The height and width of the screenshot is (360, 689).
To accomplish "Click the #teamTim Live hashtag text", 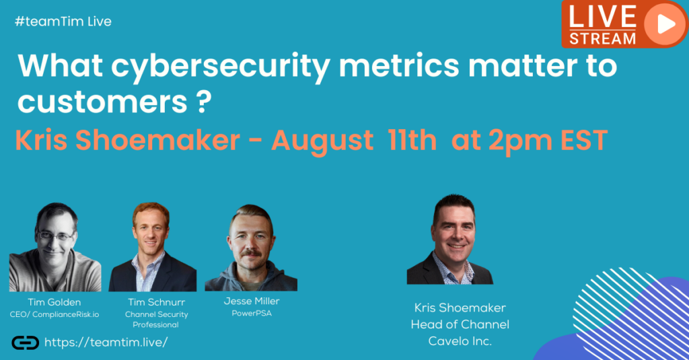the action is coord(63,22).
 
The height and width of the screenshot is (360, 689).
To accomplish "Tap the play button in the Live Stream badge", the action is coord(665,24).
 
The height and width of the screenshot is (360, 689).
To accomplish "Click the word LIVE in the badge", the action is coord(602,17).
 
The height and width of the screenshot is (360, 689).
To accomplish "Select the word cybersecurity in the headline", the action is coord(221,67).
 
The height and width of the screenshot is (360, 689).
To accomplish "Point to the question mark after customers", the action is coord(203,102).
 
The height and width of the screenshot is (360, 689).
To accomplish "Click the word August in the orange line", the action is coord(322,141).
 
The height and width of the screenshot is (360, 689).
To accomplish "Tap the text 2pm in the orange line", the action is coord(520,141).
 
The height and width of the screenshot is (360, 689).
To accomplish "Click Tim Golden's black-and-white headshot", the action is coord(55,247).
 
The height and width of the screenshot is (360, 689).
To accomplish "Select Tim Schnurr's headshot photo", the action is coord(153,247).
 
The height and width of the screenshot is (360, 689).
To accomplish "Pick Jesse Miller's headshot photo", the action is coord(251,248).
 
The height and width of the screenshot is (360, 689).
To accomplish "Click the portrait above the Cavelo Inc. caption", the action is coord(450,239).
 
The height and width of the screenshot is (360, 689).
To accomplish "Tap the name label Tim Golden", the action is coord(55,302).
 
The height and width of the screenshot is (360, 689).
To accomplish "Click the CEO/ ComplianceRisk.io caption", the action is coord(55,315).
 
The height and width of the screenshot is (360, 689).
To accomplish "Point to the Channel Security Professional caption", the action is coord(156,320).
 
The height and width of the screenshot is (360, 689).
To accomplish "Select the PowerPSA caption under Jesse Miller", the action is coord(252,314).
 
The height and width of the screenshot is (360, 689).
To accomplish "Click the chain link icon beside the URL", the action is coord(25,343).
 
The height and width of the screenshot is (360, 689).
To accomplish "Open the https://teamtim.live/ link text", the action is coord(106,343).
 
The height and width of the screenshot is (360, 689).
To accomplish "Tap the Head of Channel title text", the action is coord(460,324).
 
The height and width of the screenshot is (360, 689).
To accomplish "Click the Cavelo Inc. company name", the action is coord(460,341).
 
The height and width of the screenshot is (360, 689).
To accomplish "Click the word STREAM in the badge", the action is coord(602,38).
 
